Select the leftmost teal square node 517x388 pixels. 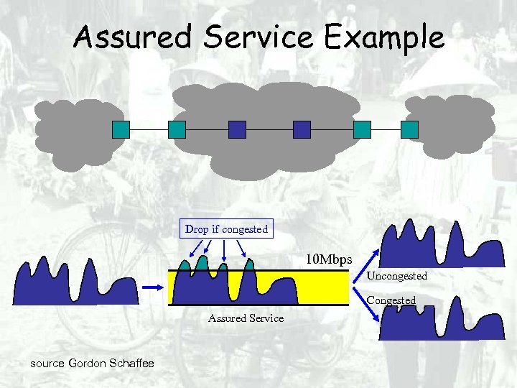pos(121,129)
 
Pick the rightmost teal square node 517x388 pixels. pos(409,129)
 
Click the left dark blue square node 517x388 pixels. pos(237,129)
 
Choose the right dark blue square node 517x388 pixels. pos(302,129)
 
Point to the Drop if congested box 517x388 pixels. pos(226,229)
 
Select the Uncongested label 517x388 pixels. pos(397,276)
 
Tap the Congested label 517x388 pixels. pos(391,300)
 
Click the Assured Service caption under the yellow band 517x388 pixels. pos(246,318)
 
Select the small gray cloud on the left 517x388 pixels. pos(70,133)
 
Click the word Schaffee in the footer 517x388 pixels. pos(131,364)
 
